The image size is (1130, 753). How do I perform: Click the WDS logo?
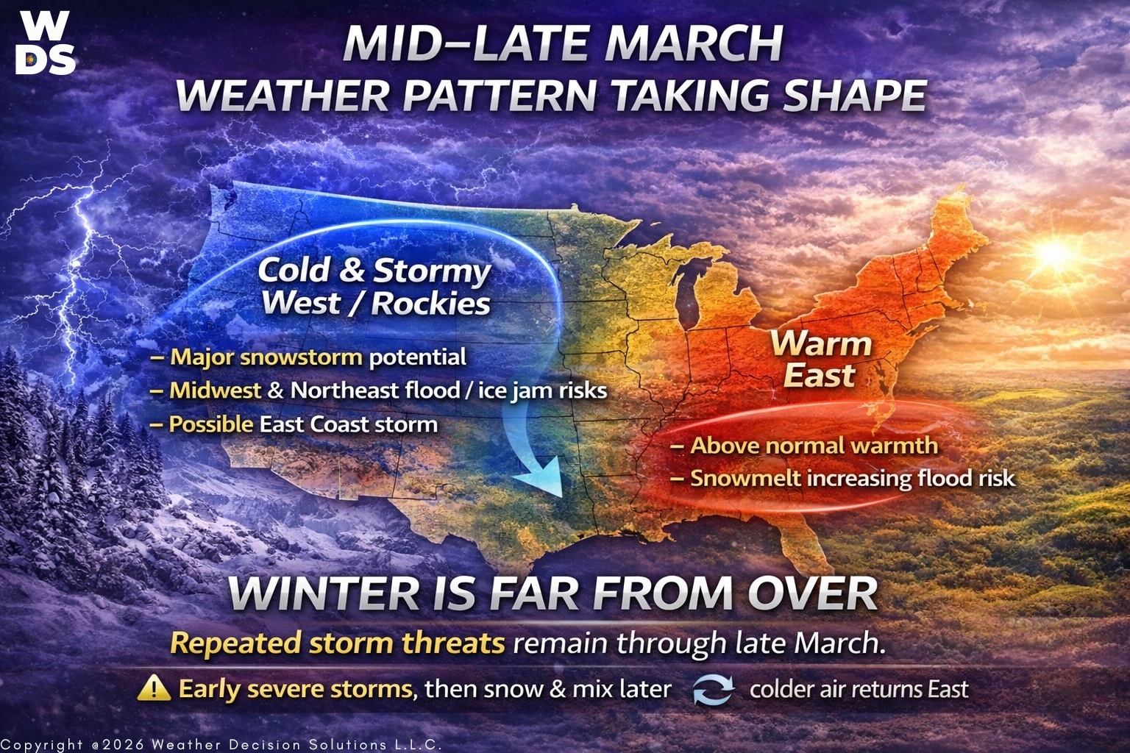[x=46, y=43]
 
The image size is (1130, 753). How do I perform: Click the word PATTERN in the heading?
[x=500, y=96]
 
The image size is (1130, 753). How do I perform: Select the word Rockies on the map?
[x=431, y=304]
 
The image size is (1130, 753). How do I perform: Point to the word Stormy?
[x=432, y=271]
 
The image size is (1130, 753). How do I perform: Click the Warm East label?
[x=821, y=360]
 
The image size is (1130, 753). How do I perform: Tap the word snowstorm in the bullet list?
[x=301, y=357]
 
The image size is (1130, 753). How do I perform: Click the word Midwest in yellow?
[x=216, y=390]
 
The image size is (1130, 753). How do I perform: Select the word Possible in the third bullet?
[x=211, y=425]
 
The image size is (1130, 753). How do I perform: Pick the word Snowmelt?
[x=745, y=479]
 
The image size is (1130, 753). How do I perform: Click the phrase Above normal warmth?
[x=814, y=446]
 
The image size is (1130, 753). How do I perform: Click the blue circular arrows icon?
[x=714, y=689]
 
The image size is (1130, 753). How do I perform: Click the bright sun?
[x=1053, y=253]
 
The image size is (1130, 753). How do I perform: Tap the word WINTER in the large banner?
[x=324, y=593]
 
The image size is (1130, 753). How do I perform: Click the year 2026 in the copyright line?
[x=123, y=744]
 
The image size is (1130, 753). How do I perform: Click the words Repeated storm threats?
[x=337, y=643]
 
